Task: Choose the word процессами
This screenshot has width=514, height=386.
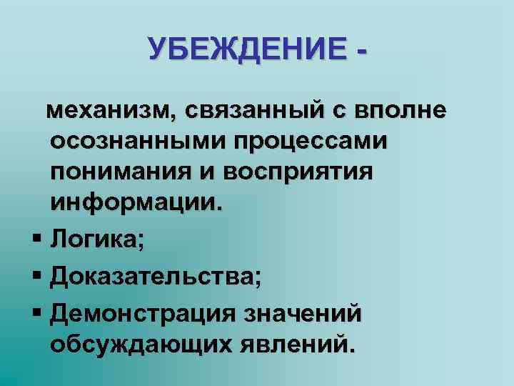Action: click(x=319, y=142)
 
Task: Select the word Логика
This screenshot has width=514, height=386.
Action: click(x=96, y=239)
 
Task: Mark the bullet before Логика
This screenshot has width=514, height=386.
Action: click(x=36, y=240)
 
